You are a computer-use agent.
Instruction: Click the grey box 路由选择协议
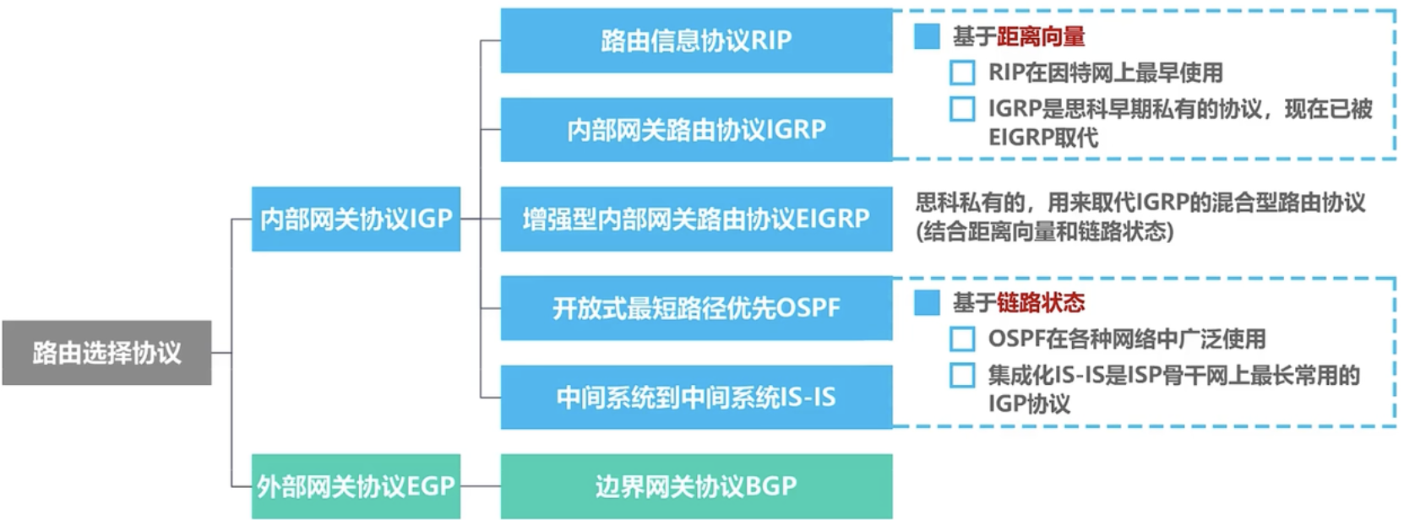click(106, 353)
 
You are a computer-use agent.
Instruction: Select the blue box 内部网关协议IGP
click(356, 219)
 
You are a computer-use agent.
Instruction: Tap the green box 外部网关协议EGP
click(356, 486)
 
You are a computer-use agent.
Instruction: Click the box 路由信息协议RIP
click(696, 40)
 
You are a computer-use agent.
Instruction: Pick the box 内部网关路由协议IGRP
click(696, 129)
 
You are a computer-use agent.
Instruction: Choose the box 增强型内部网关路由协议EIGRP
click(696, 219)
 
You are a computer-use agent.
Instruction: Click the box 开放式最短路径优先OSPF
click(696, 307)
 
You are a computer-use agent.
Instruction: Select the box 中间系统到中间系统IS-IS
click(696, 398)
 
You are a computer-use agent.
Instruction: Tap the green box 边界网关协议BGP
click(696, 486)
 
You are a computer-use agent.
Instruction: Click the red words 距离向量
click(1041, 37)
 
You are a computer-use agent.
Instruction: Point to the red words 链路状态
click(1041, 302)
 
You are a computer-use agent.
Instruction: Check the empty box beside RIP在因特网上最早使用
click(962, 73)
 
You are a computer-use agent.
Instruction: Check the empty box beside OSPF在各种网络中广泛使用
click(962, 339)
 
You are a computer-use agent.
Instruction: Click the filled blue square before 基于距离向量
click(927, 36)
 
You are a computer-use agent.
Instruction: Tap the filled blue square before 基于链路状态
click(927, 302)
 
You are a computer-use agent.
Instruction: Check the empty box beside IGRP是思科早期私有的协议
click(962, 109)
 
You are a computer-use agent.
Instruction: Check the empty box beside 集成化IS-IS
click(962, 376)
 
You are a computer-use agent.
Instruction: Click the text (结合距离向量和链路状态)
click(1044, 232)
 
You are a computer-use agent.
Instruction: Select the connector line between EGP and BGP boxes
click(480, 486)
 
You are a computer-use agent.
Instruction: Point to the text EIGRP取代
click(1043, 138)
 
